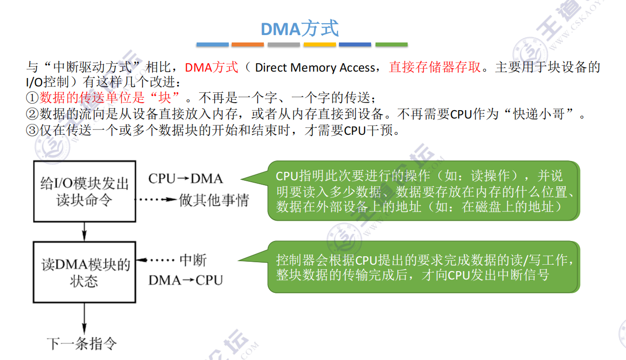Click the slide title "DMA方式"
299,28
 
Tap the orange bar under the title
248,44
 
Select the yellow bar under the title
320,44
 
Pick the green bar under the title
391,44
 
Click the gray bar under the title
284,44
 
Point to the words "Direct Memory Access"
315,68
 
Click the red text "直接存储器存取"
435,67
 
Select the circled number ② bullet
32,115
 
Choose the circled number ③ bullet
32,131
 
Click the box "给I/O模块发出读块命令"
84,192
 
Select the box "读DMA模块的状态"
84,273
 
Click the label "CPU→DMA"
185,178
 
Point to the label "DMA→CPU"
185,280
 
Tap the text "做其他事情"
214,200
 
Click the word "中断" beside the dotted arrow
193,260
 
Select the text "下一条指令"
82,344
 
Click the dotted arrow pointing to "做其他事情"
157,200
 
